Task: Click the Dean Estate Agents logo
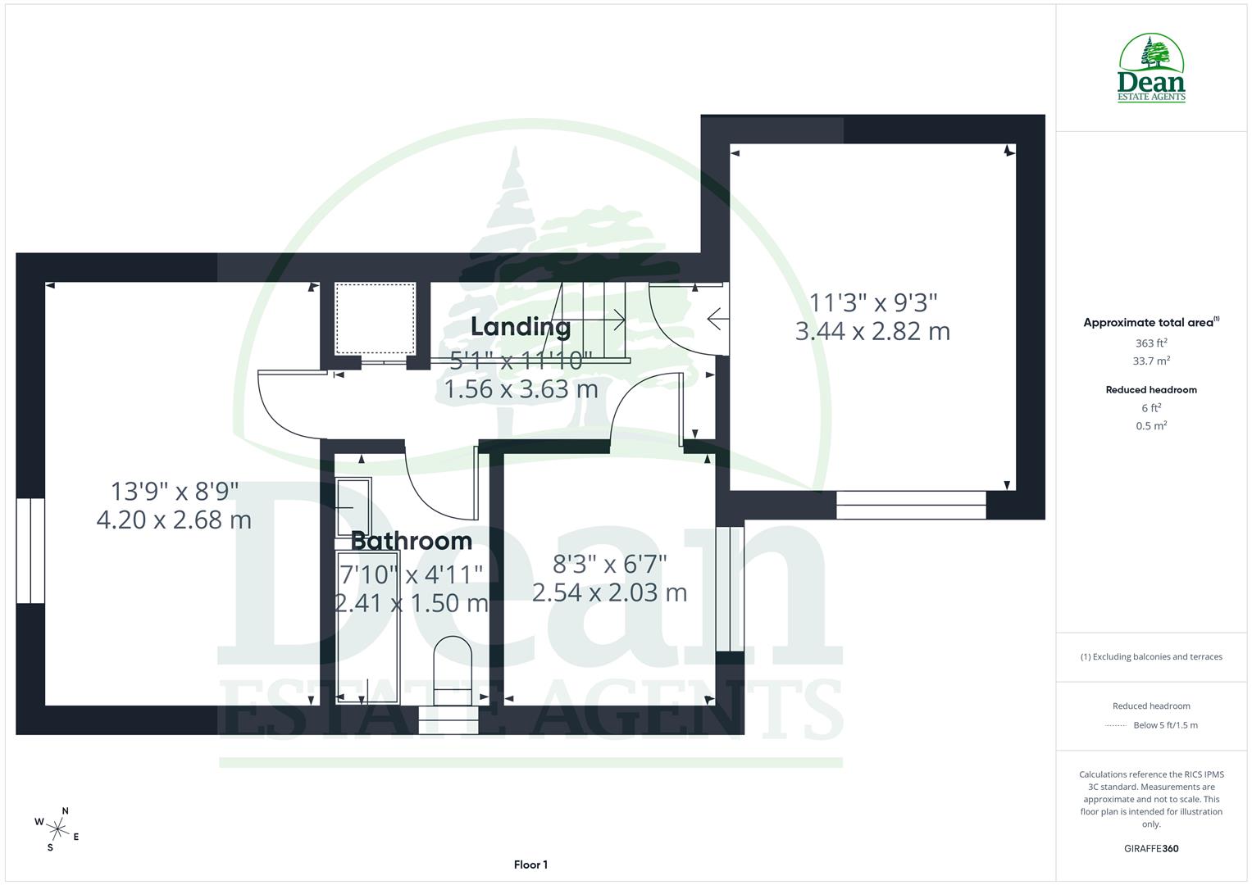tap(1151, 68)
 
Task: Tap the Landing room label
tap(521, 327)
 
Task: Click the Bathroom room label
tap(411, 541)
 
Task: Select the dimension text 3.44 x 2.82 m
tap(872, 332)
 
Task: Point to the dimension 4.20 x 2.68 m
tap(174, 520)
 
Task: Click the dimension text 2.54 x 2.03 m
tap(609, 592)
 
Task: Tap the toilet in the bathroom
tap(453, 668)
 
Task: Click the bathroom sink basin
tap(353, 506)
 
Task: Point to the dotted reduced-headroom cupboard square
tap(376, 318)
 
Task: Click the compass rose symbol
tap(57, 828)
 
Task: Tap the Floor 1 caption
tap(530, 865)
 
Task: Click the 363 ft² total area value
tap(1151, 343)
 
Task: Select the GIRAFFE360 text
tap(1151, 849)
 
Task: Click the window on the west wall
tap(30, 550)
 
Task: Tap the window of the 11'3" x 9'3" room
tap(911, 505)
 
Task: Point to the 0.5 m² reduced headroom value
tap(1151, 426)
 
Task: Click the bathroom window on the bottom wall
tap(448, 719)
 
